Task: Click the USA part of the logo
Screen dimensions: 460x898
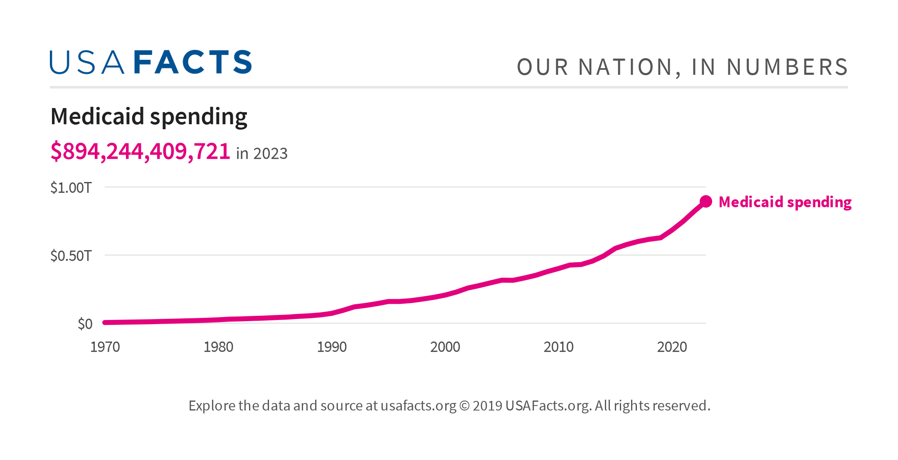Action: coord(86,63)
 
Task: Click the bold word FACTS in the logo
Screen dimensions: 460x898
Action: coord(193,63)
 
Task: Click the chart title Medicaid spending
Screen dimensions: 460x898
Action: coord(148,117)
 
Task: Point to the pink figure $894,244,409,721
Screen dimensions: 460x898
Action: coord(140,151)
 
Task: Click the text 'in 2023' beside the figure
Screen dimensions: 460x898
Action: coord(262,154)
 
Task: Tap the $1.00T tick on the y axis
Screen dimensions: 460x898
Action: coord(71,188)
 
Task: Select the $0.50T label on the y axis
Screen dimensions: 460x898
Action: coord(71,256)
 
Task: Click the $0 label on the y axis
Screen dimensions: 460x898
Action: coord(85,324)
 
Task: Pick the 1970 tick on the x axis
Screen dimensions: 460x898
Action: coord(105,347)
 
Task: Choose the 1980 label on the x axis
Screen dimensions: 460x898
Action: coord(218,347)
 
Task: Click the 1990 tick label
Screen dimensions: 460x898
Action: coord(332,347)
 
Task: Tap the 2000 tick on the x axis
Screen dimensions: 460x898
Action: coord(445,347)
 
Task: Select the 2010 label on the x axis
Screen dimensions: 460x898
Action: coord(558,347)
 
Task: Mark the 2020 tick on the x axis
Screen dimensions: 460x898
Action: coord(672,347)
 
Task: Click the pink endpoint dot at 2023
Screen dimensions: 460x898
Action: coord(706,202)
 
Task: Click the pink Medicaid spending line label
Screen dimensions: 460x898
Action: coord(785,202)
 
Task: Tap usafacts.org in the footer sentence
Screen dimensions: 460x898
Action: coord(418,406)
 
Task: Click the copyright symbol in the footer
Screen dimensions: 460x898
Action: coord(464,406)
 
